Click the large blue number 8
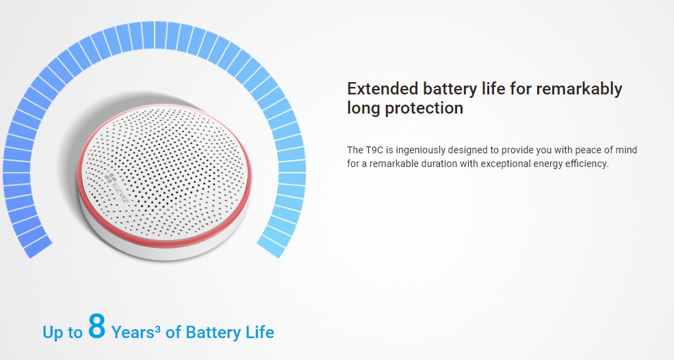pos(96,326)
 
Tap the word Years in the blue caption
pos(133,332)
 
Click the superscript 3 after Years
pos(158,329)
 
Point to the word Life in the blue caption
pos(259,332)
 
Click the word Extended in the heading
pos(383,88)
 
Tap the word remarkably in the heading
pos(579,89)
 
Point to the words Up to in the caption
pos(62,333)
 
